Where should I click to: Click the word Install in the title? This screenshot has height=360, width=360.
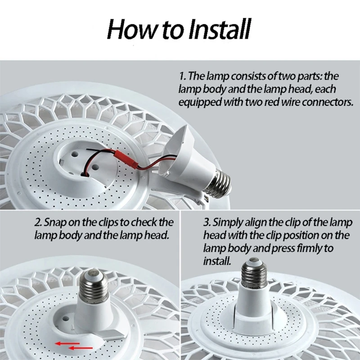pyautogui.click(x=218, y=30)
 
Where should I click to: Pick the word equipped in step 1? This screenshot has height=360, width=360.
pyautogui.click(x=198, y=102)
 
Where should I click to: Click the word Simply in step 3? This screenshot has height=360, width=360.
pyautogui.click(x=229, y=222)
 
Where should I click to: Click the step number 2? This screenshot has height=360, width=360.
pyautogui.click(x=38, y=222)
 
